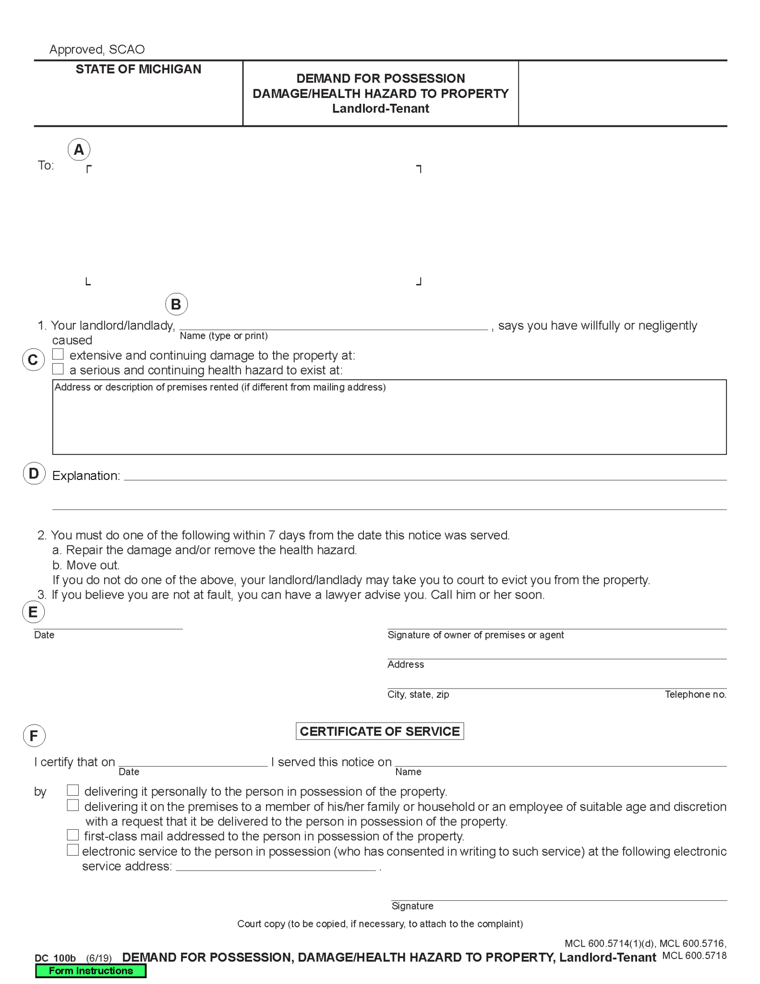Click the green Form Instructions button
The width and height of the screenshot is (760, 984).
[90, 971]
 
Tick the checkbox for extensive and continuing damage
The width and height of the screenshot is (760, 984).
[58, 354]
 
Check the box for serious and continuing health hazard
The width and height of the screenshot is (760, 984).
[58, 369]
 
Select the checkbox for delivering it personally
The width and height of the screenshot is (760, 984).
[72, 790]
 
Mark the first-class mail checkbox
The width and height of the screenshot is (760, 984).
[72, 835]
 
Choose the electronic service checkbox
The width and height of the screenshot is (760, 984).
[72, 850]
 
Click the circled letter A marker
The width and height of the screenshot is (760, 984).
[79, 149]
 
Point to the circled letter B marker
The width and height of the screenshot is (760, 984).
[176, 304]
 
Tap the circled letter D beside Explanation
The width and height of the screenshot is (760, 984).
[34, 473]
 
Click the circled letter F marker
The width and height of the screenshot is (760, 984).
[34, 736]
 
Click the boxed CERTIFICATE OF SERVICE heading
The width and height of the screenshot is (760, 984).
[379, 731]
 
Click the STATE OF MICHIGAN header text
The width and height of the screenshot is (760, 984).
[138, 69]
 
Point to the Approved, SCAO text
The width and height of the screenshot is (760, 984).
[97, 49]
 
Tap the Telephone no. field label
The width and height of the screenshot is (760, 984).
[695, 694]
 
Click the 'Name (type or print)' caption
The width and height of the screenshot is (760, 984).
[224, 336]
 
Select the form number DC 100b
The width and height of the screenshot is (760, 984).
[55, 958]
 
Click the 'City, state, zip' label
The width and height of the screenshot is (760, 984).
[418, 694]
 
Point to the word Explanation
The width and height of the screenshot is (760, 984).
[86, 476]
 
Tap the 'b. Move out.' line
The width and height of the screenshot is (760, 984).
[86, 565]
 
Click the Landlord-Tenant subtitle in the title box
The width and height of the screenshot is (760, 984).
[380, 109]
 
